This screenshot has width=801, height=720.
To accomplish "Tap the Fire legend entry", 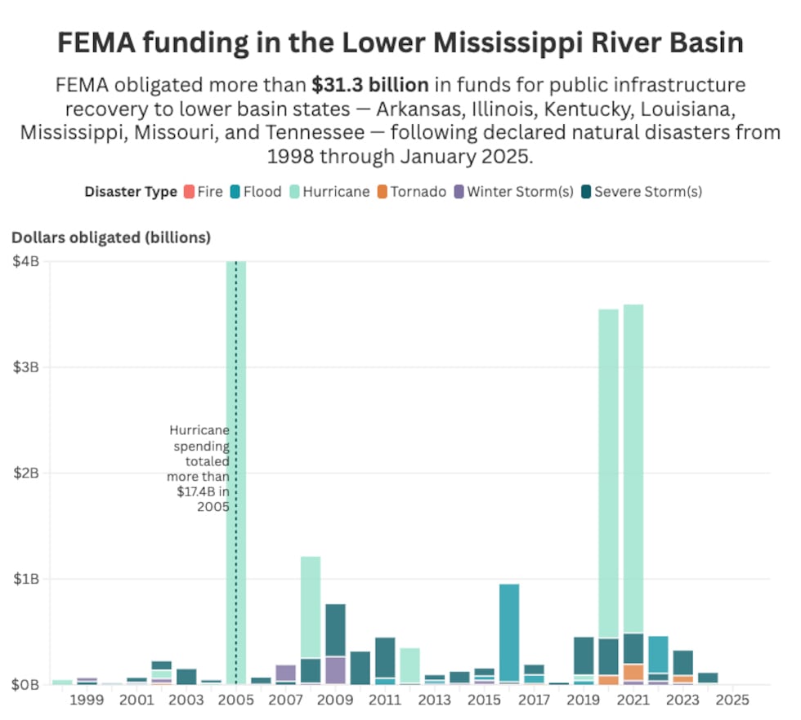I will (204, 192).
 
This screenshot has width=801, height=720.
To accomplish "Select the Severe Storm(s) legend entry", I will (641, 192).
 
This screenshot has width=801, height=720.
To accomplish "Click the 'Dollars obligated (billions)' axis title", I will (111, 238).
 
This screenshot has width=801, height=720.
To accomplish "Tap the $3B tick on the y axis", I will (26, 367).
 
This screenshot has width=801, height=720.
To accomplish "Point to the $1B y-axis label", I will (26, 579).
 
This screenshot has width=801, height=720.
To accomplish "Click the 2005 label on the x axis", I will (236, 700).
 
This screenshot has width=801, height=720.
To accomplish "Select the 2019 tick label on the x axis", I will (584, 700).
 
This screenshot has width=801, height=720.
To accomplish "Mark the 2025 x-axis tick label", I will (732, 700).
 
